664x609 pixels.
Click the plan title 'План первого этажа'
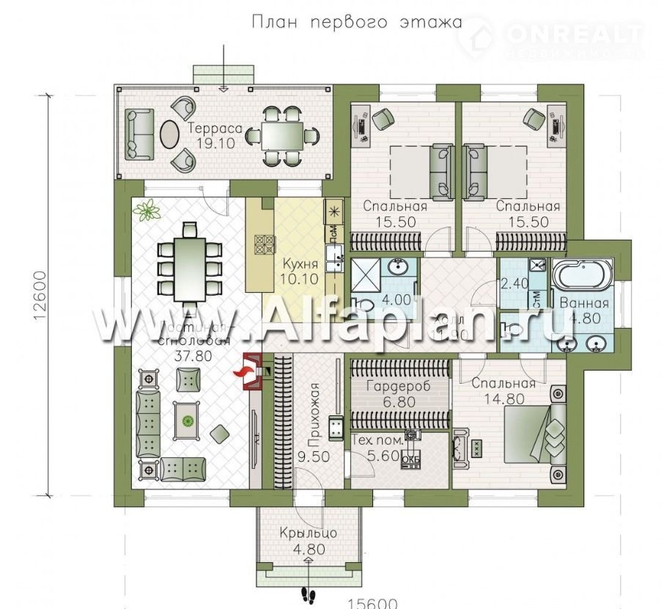[x=357, y=22]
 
